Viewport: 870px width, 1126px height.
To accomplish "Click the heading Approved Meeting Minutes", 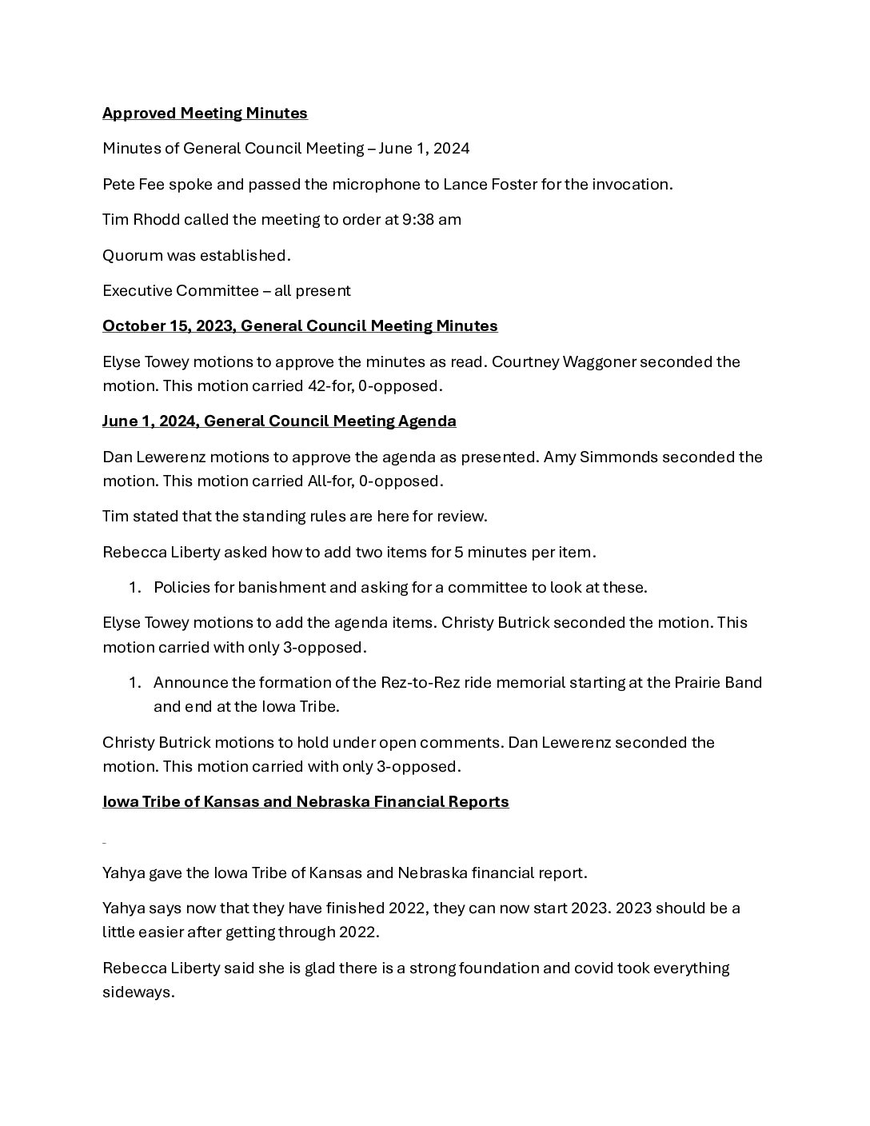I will [x=205, y=114].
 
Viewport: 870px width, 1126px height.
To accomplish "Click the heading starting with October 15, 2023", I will [x=300, y=326].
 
